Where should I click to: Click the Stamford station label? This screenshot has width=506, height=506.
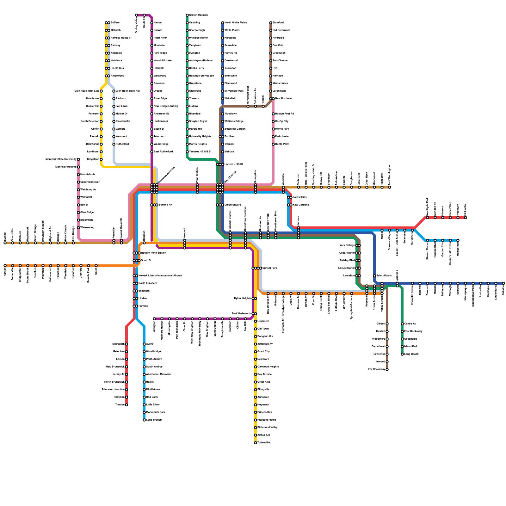point(278,23)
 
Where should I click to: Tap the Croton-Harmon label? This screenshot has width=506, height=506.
point(198,15)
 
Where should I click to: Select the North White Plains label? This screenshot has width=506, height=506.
point(235,23)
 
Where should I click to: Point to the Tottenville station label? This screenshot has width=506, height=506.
point(263,443)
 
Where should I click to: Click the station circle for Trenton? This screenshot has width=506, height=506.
point(126,405)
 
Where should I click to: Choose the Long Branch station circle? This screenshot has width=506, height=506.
point(144,420)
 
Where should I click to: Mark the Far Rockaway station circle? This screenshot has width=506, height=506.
point(387,369)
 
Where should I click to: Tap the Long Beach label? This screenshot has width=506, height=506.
point(411,354)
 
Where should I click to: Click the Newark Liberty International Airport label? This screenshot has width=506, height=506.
point(160,276)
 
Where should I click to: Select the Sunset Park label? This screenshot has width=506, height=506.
point(270,268)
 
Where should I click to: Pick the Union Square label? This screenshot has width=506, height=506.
point(233,205)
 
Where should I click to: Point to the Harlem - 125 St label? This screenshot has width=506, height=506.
point(233,164)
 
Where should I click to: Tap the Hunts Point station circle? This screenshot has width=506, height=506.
point(273,144)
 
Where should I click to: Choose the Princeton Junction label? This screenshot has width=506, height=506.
point(113,390)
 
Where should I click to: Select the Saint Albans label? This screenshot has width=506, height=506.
point(384,276)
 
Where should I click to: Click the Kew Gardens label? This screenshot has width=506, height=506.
point(301,205)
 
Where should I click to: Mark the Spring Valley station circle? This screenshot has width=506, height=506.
point(137,15)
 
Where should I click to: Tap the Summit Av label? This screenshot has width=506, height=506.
point(166,205)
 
